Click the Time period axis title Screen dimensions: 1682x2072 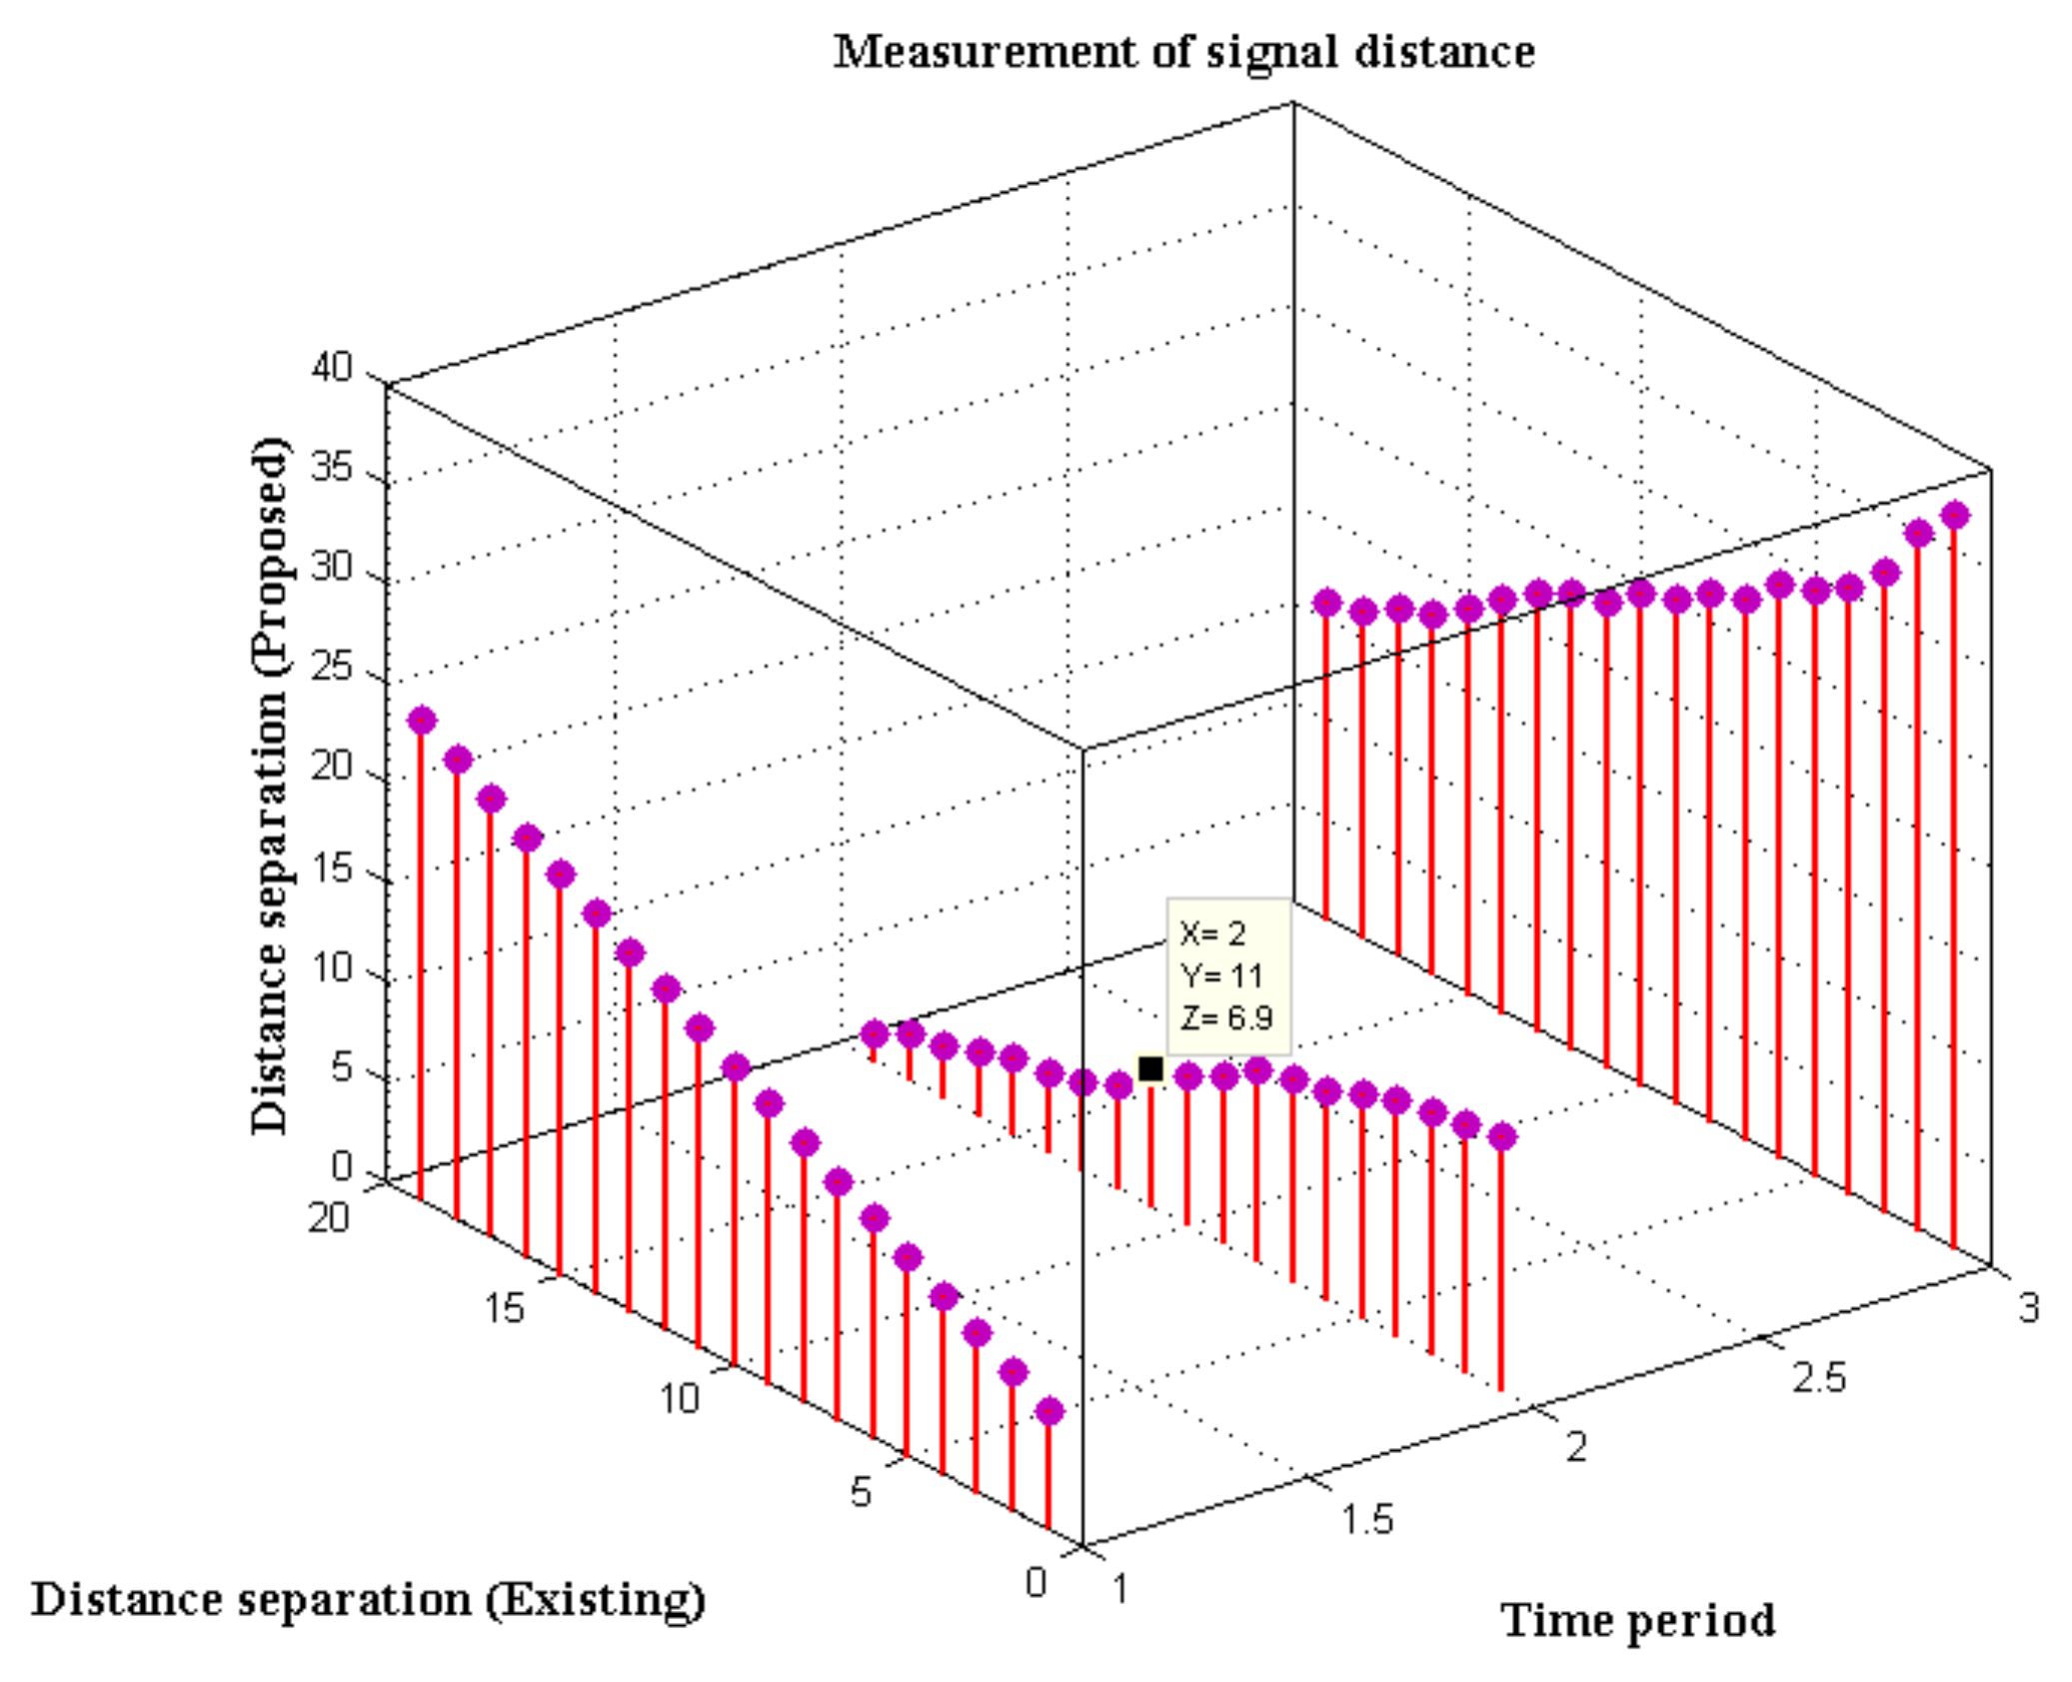[x=1636, y=1620]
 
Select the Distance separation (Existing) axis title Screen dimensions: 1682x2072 [x=368, y=1598]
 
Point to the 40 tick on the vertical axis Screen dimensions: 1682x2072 [x=332, y=368]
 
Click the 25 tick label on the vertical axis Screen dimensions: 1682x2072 [x=332, y=667]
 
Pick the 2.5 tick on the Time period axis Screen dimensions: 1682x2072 [x=1818, y=1377]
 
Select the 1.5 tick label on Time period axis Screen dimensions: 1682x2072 [x=1366, y=1519]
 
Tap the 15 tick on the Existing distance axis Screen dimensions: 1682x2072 [x=505, y=1307]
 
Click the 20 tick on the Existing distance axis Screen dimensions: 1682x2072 [x=328, y=1217]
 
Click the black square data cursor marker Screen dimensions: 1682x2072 [x=1150, y=1068]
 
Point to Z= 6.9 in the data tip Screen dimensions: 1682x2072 [x=1225, y=1018]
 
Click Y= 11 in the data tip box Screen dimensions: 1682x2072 [x=1220, y=975]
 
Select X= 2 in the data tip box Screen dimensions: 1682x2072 [x=1212, y=933]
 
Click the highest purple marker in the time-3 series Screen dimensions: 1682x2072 [x=1954, y=516]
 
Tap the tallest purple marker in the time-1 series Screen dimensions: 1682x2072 [x=422, y=720]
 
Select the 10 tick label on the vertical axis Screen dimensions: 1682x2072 [x=332, y=967]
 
